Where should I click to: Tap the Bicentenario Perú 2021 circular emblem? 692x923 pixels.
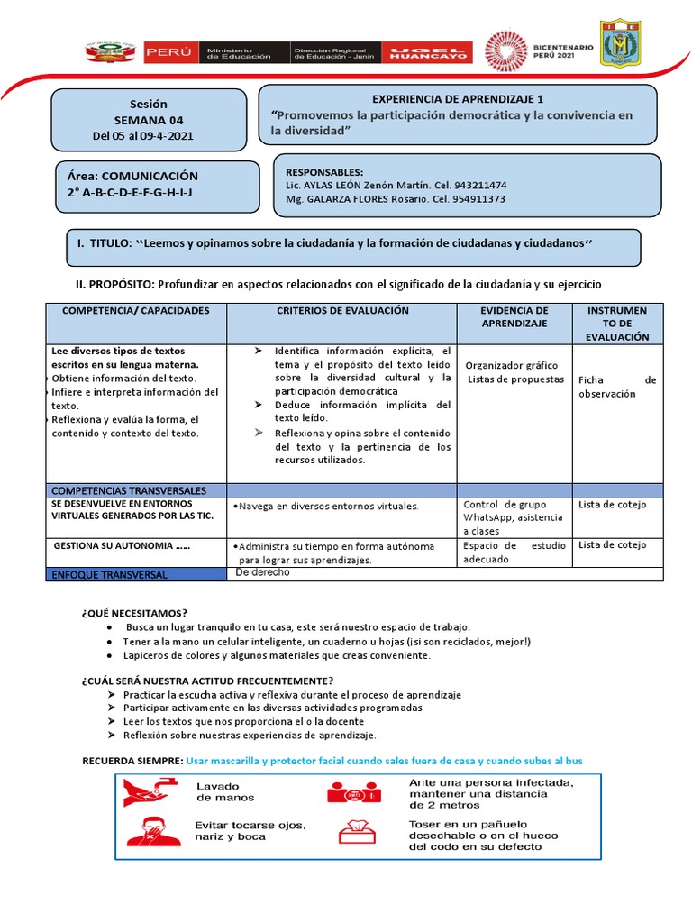(x=510, y=52)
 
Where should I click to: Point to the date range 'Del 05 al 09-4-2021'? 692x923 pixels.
(x=142, y=136)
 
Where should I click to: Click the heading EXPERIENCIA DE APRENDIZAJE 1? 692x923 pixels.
(x=458, y=99)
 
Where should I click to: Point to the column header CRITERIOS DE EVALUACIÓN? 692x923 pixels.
(x=341, y=311)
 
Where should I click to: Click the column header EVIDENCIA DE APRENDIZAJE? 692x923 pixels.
(x=514, y=316)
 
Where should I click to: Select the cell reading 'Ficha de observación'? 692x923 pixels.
(x=617, y=387)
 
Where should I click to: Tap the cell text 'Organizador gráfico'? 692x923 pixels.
(x=513, y=365)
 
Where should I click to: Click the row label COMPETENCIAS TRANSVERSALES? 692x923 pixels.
(x=129, y=490)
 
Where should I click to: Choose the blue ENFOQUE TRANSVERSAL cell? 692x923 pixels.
(x=136, y=574)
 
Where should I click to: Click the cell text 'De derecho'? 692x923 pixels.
(x=262, y=572)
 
